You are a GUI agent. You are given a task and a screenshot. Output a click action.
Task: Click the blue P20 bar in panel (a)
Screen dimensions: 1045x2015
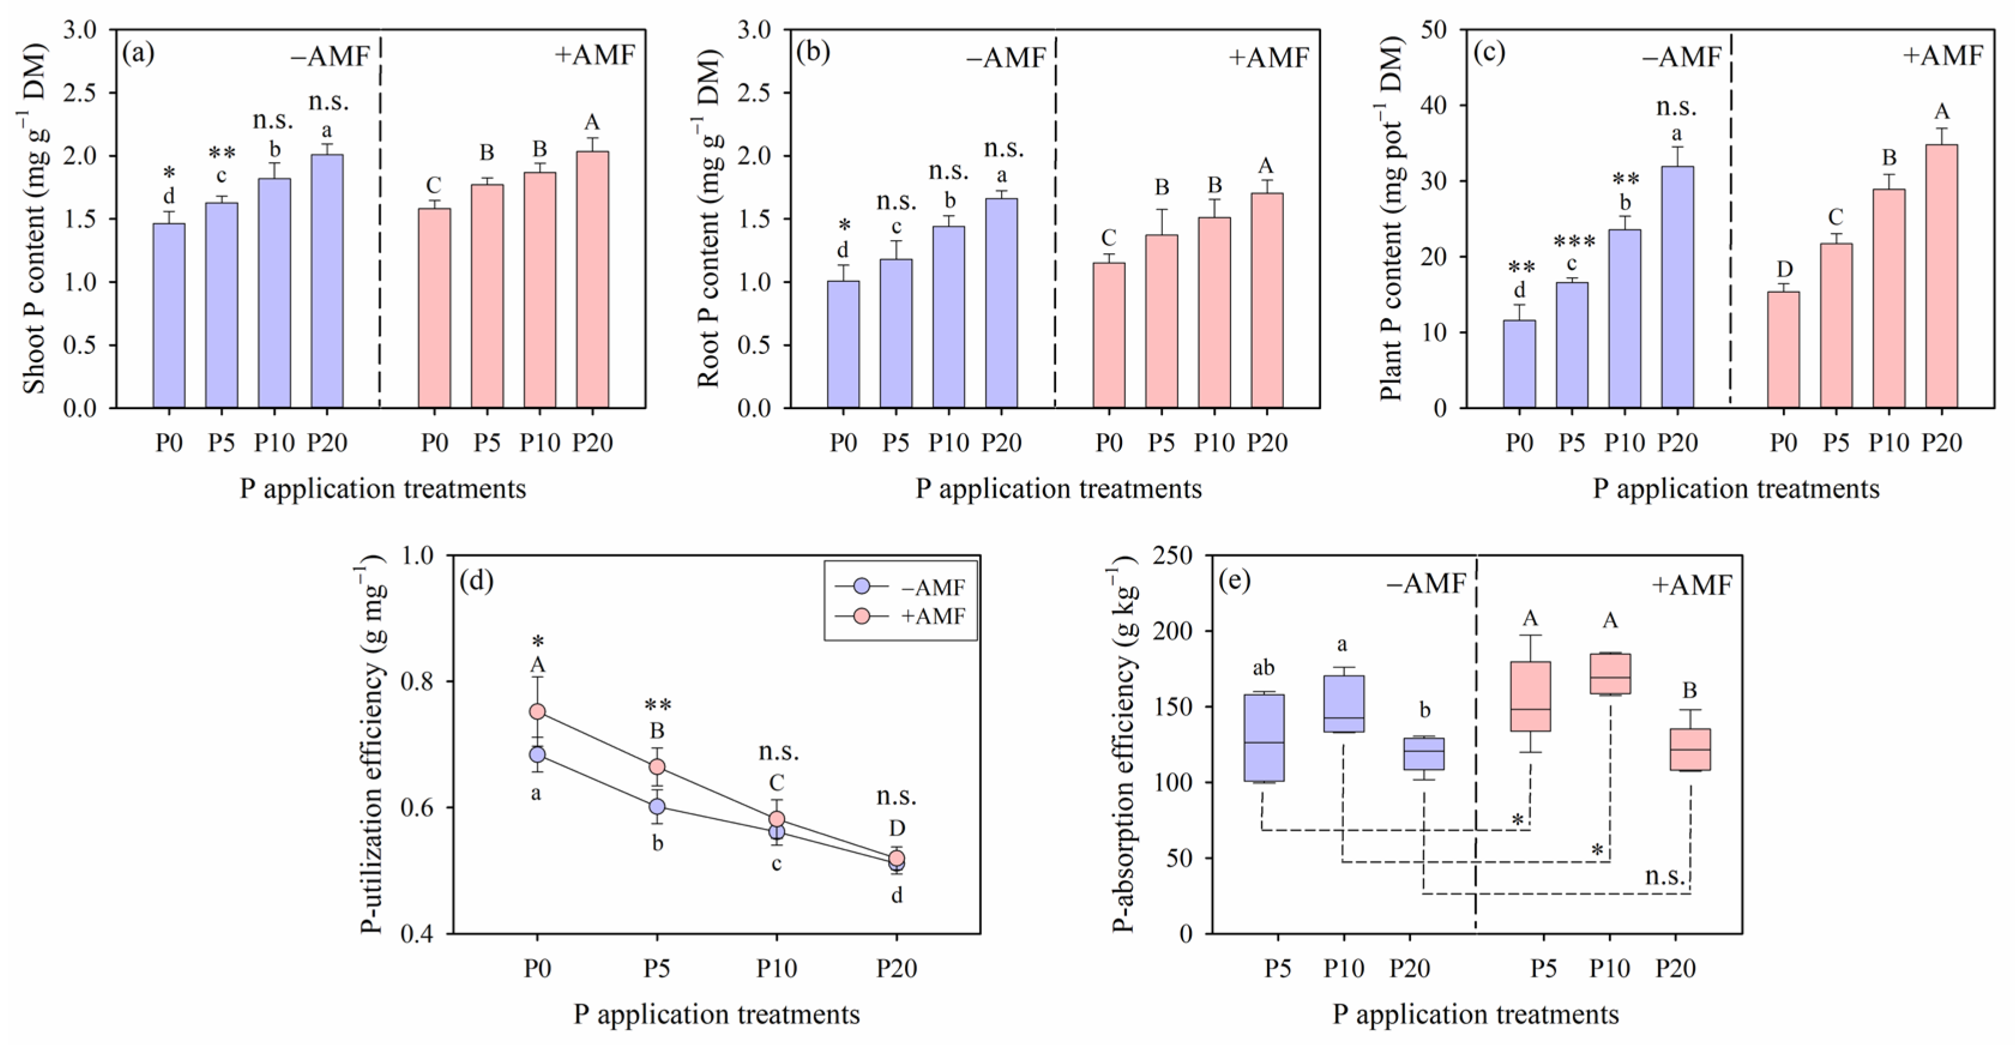pos(327,281)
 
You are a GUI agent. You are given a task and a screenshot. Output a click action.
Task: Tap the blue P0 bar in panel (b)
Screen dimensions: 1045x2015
pos(843,344)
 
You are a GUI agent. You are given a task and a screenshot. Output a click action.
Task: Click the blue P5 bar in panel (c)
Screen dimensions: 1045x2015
pos(1571,345)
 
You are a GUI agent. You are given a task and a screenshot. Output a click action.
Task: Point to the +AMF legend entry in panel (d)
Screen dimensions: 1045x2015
pos(900,616)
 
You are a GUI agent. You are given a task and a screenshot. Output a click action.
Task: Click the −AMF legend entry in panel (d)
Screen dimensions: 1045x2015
pos(900,587)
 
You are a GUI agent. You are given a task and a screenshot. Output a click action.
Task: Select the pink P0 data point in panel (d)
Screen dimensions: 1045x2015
pos(537,712)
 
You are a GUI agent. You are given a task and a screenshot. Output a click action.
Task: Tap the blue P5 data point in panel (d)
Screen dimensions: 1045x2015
pos(657,806)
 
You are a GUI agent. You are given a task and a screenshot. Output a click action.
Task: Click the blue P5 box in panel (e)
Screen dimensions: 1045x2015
pos(1264,738)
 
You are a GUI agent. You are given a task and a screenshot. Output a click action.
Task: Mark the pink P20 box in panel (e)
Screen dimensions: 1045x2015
pos(1691,749)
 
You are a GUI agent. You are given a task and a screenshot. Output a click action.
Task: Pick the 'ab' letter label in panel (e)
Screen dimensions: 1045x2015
pos(1264,668)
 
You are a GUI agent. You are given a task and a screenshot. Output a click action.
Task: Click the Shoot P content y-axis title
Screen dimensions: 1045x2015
pos(34,219)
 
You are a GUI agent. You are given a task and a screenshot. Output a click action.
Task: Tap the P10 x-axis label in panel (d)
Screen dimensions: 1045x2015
pos(776,968)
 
